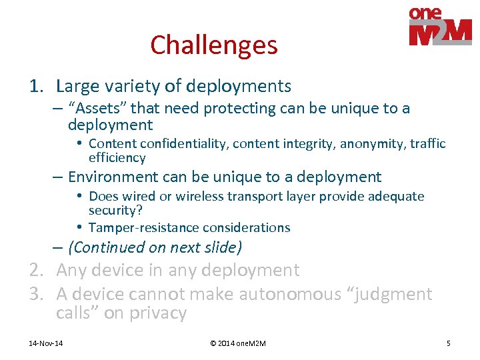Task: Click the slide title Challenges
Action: tap(213, 45)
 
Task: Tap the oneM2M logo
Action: tap(440, 27)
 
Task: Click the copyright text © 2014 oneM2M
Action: tap(238, 343)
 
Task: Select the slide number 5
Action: tap(448, 343)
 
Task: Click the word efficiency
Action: tap(117, 158)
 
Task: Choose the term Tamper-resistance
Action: tap(137, 228)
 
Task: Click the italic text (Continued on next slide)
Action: tap(155, 247)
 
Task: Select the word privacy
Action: tap(159, 313)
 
